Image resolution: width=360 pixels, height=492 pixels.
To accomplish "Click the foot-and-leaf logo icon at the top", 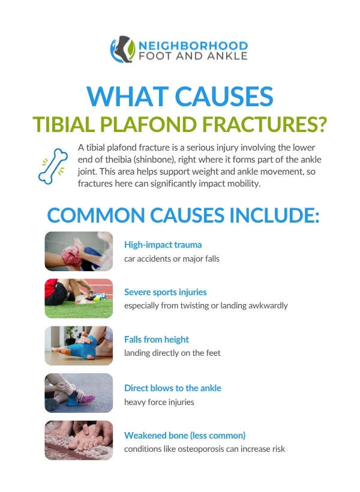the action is tap(123, 49).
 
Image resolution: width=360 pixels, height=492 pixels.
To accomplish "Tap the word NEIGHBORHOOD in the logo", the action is tap(193, 46).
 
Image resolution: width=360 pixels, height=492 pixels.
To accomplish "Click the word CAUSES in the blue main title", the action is tap(224, 97).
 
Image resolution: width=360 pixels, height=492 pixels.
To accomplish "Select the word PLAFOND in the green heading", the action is tap(148, 125).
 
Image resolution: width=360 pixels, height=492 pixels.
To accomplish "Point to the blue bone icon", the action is tap(53, 166).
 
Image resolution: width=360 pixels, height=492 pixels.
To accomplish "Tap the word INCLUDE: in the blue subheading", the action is tap(274, 215).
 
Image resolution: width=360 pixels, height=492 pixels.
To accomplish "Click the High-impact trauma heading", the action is tap(163, 245).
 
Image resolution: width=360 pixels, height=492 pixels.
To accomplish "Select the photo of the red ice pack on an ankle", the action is tap(79, 251).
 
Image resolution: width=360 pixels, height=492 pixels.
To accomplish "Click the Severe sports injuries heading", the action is tap(166, 292).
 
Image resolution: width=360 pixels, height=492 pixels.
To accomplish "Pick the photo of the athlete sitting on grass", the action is tap(79, 298).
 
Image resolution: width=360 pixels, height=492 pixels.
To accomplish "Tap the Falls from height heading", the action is tap(157, 340).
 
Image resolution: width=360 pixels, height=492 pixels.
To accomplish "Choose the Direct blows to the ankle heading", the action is tap(173, 388).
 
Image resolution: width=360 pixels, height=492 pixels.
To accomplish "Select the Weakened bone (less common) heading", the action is tap(185, 436).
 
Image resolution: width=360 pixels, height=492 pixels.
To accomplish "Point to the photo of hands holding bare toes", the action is tap(79, 440).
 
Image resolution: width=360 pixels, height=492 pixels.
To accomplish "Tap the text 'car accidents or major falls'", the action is tap(172, 259).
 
